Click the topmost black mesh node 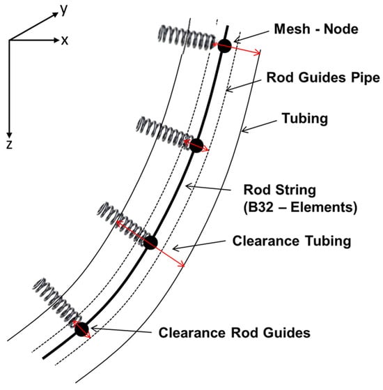coord(225,46)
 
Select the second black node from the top coord(196,146)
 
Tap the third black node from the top coord(150,243)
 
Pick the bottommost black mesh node coord(81,329)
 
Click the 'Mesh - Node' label coord(316,29)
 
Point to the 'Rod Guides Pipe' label coord(323,77)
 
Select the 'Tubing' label coord(305,119)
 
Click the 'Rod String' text coord(279,190)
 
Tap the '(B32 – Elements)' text coord(300,207)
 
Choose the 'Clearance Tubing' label coord(292,241)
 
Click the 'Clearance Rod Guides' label coord(234,333)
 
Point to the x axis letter coord(65,40)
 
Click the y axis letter coord(64,10)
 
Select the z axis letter coord(10,144)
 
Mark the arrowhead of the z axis coord(10,135)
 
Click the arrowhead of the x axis coord(56,40)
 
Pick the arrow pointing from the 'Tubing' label coord(259,126)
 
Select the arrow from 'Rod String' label coord(208,188)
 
